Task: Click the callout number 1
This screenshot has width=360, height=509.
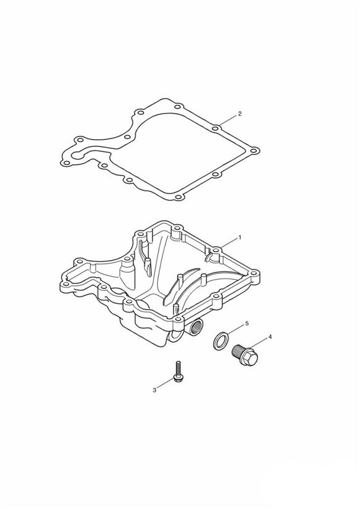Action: coord(240,237)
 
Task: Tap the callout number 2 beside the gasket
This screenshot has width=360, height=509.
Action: coord(240,114)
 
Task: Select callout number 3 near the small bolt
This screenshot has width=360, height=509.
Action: coord(154,390)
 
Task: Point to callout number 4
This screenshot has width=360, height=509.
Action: coord(270,337)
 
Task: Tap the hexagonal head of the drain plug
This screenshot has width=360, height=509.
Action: coord(250,356)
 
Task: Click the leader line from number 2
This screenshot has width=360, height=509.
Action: coord(228,120)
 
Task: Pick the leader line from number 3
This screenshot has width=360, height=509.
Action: coord(165,383)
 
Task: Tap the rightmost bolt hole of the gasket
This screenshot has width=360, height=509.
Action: coord(254,151)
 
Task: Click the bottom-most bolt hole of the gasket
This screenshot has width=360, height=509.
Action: coord(177,197)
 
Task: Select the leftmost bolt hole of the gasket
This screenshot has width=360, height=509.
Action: coord(66,163)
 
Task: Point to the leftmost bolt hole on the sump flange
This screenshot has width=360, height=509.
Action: coord(66,285)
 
